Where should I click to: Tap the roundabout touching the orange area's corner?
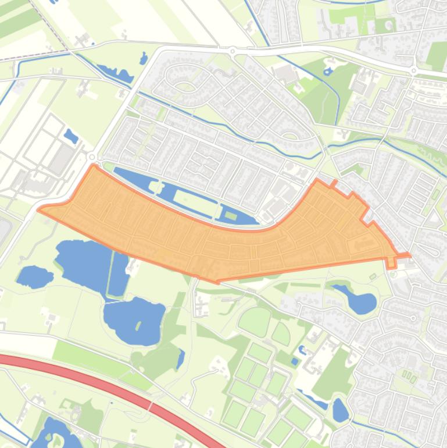point(92,157)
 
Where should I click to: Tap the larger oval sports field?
point(255,321)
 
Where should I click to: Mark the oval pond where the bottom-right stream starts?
point(340,410)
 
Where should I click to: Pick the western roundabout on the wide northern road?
point(233,51)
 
